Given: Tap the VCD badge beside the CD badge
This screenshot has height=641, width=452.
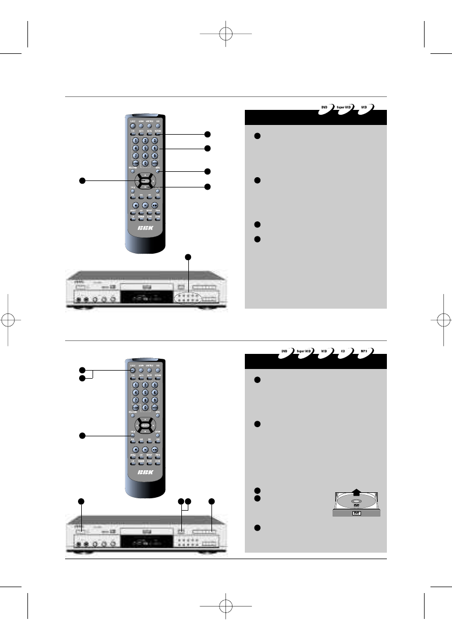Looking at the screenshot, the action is point(324,351).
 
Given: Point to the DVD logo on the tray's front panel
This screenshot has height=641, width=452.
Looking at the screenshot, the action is point(356,514).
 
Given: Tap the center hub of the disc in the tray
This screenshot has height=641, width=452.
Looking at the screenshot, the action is point(357,502).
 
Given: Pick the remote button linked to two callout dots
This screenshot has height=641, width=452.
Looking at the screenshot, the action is point(132,370).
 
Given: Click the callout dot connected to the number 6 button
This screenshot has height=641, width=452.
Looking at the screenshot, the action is point(207,148).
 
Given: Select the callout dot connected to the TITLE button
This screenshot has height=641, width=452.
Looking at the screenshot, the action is point(82,435).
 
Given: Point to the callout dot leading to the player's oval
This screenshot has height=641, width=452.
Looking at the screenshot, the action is point(188,256).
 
